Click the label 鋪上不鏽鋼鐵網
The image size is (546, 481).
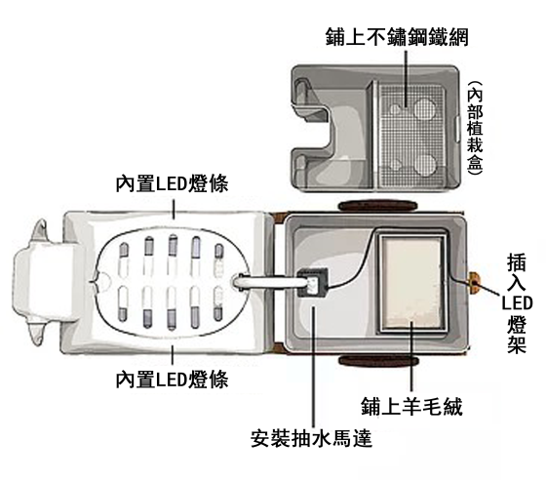[397, 37]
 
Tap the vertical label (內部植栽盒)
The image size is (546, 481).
[475, 128]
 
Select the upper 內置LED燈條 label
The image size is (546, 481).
[172, 183]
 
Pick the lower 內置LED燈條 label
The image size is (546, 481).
[172, 380]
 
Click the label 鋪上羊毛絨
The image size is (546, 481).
[411, 406]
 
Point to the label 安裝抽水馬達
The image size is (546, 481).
[312, 438]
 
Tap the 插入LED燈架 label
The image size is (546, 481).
[517, 302]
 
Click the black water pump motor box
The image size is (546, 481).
[313, 282]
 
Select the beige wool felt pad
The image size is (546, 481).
[412, 282]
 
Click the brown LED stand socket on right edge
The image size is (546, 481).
[474, 283]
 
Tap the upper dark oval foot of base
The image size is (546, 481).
[377, 206]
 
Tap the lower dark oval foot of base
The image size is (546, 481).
[377, 360]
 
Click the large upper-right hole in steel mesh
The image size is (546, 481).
[425, 107]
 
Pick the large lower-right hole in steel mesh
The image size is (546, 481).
[425, 165]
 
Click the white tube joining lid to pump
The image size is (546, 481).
[268, 282]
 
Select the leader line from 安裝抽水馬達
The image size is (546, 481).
[314, 367]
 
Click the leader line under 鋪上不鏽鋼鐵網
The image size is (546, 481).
[406, 78]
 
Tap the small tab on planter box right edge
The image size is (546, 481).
[457, 129]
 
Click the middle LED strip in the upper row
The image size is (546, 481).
[173, 246]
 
